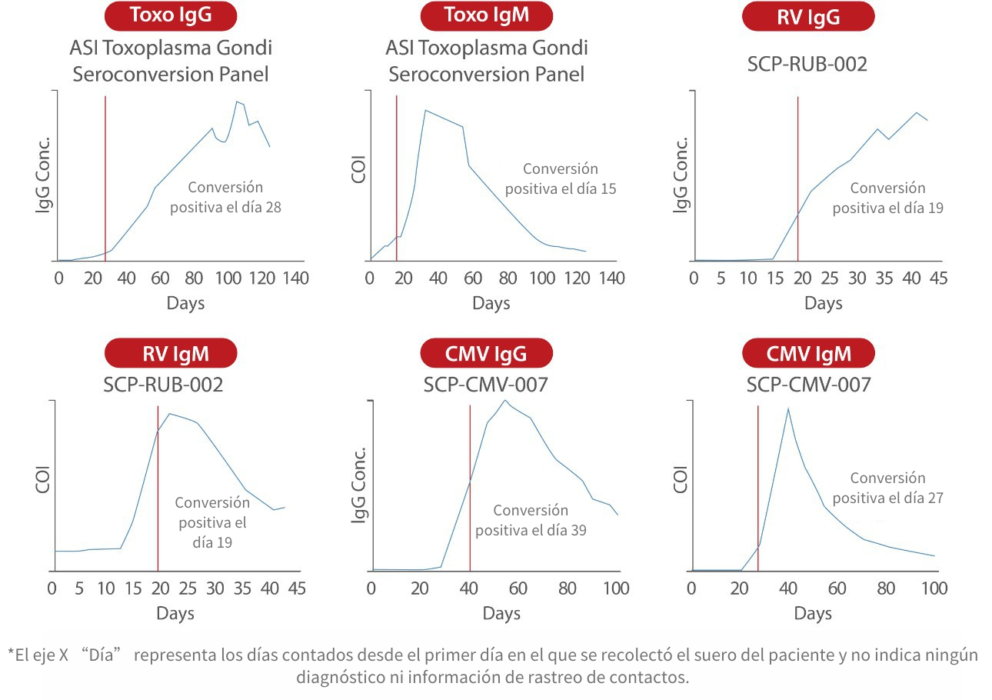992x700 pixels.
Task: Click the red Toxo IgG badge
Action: coord(171,15)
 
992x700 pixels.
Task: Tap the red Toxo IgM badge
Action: coord(486,15)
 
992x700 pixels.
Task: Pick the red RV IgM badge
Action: coord(171,354)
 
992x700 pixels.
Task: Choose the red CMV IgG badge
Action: coord(486,354)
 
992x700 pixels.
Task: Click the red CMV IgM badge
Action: coord(808,354)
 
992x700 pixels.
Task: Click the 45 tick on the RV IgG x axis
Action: coord(938,278)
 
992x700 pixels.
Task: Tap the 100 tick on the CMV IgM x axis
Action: coord(934,588)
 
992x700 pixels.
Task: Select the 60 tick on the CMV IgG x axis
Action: coord(518,588)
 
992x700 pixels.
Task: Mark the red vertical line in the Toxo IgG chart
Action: coord(105,177)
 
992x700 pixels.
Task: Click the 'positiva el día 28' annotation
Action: coord(225,207)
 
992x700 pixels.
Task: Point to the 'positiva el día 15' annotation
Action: coord(561,188)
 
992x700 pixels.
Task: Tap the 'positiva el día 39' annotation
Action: coord(531,530)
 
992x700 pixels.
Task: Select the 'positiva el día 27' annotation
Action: coord(887,498)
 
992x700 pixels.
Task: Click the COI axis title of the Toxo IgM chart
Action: coord(359,171)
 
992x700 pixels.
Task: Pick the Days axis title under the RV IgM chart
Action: coord(175,614)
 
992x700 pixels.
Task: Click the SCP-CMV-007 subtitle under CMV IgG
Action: coord(485,385)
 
